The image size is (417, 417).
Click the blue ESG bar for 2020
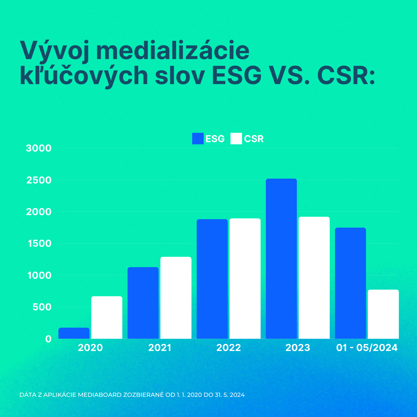(x=74, y=333)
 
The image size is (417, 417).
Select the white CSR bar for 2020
(x=107, y=318)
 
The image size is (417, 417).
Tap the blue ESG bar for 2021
(x=143, y=303)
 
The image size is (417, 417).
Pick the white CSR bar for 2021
(x=176, y=298)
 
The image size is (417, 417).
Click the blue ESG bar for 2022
(x=212, y=279)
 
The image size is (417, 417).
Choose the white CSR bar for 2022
(x=245, y=279)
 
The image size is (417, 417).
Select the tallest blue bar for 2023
(x=281, y=259)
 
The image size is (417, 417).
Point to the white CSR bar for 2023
(x=314, y=278)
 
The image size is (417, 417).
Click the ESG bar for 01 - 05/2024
(x=351, y=283)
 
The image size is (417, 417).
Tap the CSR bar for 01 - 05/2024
(x=383, y=314)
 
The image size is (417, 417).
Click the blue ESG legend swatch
(x=198, y=139)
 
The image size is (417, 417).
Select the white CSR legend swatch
(x=236, y=139)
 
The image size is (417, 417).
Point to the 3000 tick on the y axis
(x=39, y=148)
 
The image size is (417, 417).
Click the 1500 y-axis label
(x=39, y=244)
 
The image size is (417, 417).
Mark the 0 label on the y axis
(x=48, y=339)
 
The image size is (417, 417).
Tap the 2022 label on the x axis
(x=229, y=348)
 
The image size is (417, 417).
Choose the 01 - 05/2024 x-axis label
(x=367, y=348)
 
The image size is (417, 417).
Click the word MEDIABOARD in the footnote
(x=101, y=395)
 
